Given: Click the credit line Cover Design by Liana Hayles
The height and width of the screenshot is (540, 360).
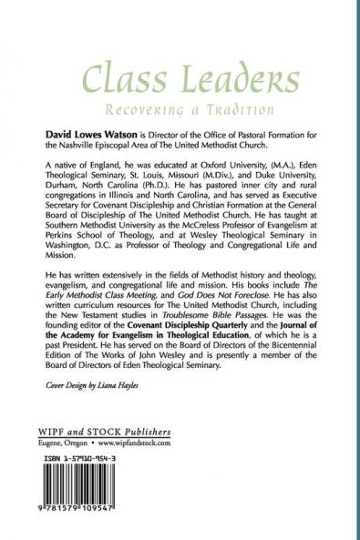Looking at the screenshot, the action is click(x=95, y=410).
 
